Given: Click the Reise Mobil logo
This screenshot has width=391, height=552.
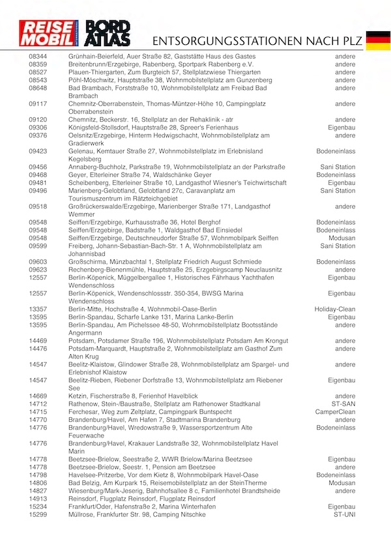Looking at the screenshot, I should point(50,35).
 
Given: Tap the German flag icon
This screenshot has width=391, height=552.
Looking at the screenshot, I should point(377,40).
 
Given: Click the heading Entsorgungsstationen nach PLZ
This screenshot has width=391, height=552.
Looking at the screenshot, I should point(255,41).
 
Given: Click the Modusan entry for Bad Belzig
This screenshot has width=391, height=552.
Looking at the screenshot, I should point(342,483).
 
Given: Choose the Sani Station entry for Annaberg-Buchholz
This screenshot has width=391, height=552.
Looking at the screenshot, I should point(338,167).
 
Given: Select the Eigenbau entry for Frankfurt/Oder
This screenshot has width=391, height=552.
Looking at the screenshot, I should point(341,506).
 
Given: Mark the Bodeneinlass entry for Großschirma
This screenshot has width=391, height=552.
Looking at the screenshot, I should point(336,262).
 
